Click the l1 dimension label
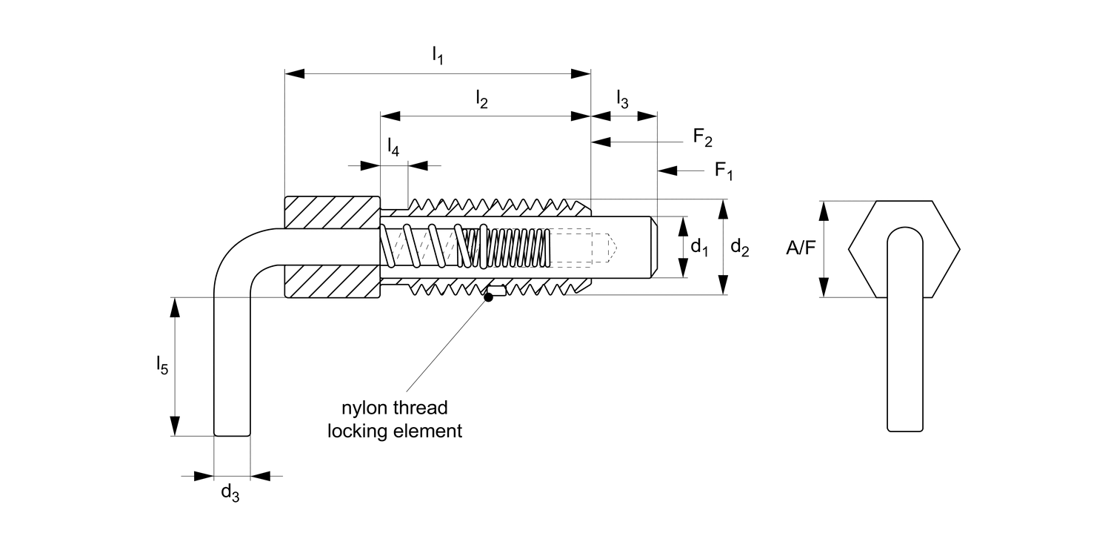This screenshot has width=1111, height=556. tap(438, 55)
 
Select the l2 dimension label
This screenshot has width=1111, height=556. tap(481, 99)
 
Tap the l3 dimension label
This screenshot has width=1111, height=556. tap(622, 99)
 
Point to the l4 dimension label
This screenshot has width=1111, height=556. tap(393, 147)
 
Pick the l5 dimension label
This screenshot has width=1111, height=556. tap(162, 365)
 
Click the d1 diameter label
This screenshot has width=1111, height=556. tap(699, 247)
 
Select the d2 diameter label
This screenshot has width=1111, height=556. tap(739, 247)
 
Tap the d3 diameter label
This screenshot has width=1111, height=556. tap(230, 493)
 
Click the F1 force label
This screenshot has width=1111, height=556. tap(724, 171)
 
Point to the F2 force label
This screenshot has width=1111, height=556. tap(702, 137)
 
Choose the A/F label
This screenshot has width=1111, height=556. tap(801, 248)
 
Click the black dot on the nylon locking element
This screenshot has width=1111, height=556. tap(489, 297)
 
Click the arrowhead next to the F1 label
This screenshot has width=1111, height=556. tap(667, 171)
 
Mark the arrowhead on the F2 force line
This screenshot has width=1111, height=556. tap(601, 142)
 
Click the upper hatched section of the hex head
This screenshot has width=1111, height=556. tap(333, 213)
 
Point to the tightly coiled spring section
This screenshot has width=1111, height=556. tap(516, 247)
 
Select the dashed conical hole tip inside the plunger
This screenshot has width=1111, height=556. tap(612, 247)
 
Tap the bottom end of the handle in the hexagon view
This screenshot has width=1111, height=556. tap(904, 431)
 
